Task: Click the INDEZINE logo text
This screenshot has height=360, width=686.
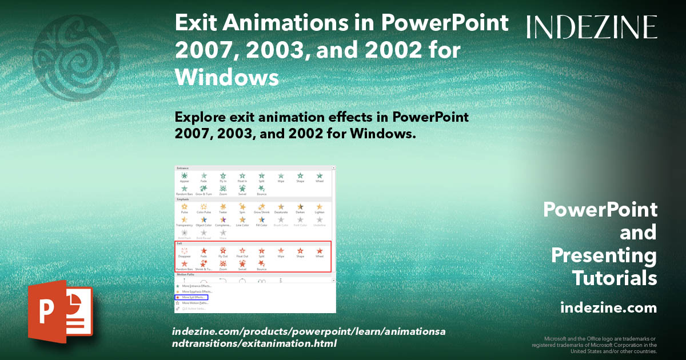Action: pyautogui.click(x=592, y=27)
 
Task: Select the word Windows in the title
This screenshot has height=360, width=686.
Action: pyautogui.click(x=227, y=77)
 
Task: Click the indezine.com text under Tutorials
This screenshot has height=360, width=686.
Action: pyautogui.click(x=608, y=308)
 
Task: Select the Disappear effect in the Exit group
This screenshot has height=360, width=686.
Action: pyautogui.click(x=184, y=252)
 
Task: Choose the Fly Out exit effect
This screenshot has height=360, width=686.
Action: pyautogui.click(x=223, y=252)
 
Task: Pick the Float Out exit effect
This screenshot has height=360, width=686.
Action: pyautogui.click(x=242, y=252)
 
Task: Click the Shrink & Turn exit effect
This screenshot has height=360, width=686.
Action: pyautogui.click(x=204, y=265)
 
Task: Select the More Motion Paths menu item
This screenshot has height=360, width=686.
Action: pyautogui.click(x=195, y=303)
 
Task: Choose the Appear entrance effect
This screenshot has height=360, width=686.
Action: pyautogui.click(x=184, y=178)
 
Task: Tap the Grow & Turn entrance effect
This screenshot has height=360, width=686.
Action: pyautogui.click(x=204, y=190)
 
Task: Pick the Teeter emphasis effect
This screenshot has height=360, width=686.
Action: pyautogui.click(x=223, y=208)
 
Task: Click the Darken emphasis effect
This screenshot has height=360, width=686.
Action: pyautogui.click(x=300, y=208)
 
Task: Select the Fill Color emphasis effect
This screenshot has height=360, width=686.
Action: pyautogui.click(x=261, y=221)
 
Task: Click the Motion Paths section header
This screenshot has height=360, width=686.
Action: pyautogui.click(x=186, y=275)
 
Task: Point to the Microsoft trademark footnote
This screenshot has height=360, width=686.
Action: pyautogui.click(x=595, y=345)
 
